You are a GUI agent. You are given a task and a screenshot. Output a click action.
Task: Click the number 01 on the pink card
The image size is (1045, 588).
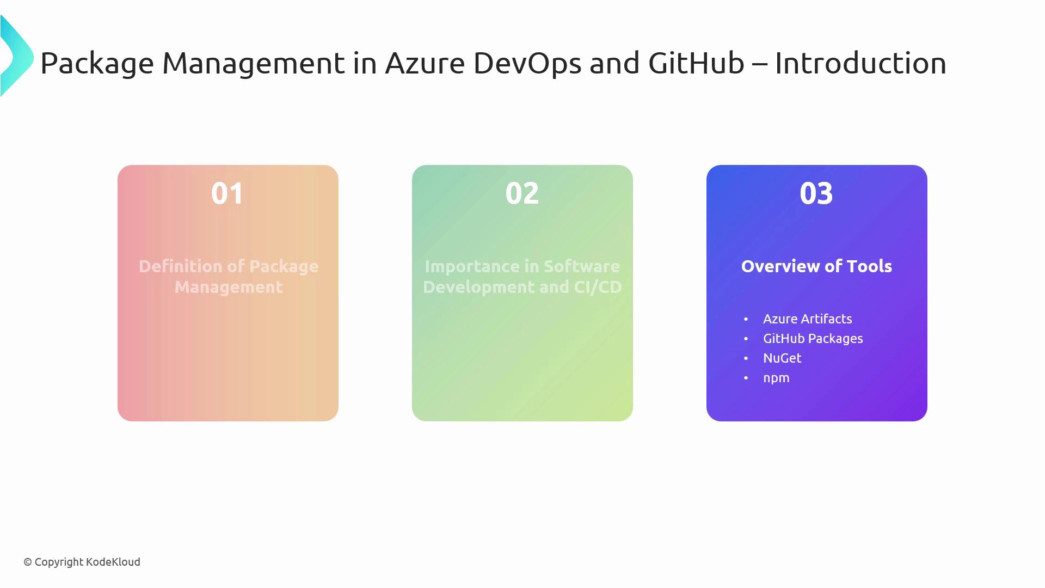coord(228,193)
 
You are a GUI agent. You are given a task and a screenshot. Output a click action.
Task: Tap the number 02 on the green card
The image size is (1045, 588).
coord(522,193)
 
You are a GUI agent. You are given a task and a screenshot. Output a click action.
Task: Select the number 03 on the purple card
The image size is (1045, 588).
coord(816,193)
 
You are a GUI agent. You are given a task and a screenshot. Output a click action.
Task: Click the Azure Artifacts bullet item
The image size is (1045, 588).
coord(808,319)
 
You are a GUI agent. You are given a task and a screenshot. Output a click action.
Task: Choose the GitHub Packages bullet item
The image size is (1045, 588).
coord(813,339)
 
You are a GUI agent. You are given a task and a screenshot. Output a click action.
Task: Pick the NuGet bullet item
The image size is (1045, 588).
coord(782,358)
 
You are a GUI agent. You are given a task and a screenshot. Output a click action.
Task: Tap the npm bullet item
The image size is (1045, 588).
coord(776,378)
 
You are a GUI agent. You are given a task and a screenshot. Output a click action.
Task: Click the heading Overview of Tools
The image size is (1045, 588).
coord(816,266)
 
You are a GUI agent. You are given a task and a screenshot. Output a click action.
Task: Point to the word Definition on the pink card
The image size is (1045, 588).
coord(180,266)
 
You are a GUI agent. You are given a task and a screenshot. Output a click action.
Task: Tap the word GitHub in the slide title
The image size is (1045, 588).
coord(696,63)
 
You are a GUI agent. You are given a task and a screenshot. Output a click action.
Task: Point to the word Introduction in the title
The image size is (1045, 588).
coord(860,63)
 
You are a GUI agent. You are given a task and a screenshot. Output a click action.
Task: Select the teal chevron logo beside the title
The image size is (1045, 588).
coord(16,56)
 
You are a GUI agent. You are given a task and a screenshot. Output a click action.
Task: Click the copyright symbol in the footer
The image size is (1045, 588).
coord(28,562)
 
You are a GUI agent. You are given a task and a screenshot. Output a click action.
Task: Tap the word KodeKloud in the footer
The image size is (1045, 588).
coord(113,562)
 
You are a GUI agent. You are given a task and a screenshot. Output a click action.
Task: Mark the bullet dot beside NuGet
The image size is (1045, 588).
coord(746,358)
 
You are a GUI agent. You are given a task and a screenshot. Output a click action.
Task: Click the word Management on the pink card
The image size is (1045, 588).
coord(229,287)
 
